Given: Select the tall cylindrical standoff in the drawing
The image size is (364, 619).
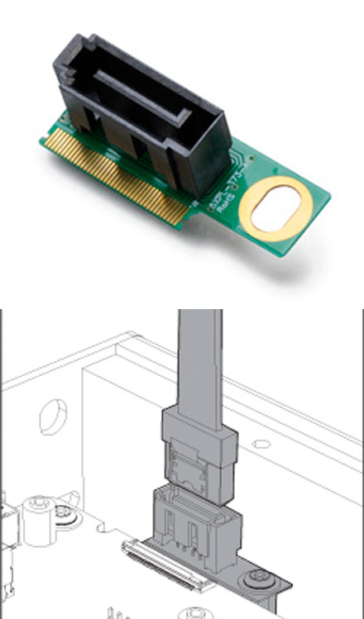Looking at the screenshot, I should pos(38,521).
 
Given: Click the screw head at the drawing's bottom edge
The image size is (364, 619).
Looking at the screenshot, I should pos(195,612).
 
